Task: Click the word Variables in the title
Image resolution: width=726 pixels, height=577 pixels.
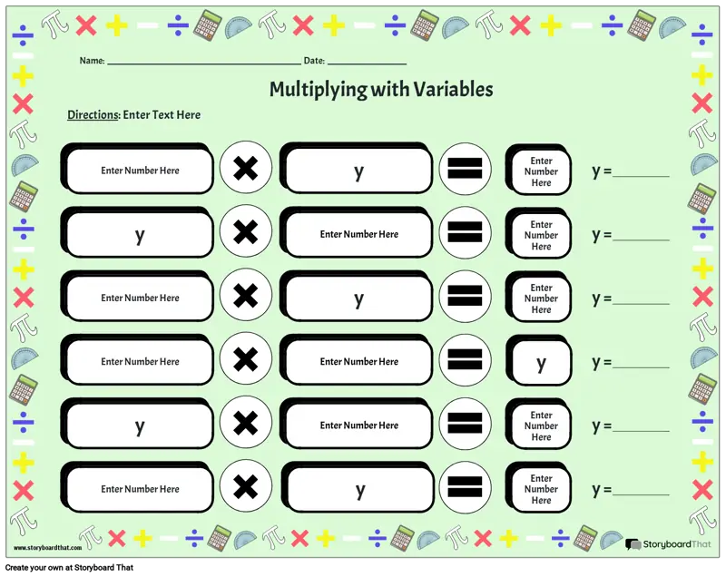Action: point(453,89)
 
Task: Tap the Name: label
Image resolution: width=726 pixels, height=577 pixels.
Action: point(92,61)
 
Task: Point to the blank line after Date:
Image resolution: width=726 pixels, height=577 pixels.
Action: point(367,63)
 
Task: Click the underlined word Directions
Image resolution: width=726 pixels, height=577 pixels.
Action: point(93,115)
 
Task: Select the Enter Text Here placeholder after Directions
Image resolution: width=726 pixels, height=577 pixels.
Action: point(162,115)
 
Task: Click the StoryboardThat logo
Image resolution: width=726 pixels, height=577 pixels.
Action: point(668,544)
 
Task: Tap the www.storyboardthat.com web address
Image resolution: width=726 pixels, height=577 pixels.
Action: point(48,548)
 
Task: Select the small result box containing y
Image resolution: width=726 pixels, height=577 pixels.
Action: point(541,364)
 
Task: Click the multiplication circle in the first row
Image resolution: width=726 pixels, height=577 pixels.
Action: point(244,170)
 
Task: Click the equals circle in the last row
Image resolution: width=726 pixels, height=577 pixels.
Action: point(465,489)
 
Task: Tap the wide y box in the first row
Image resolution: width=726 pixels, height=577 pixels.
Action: point(358,171)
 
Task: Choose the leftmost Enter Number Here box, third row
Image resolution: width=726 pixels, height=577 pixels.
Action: point(140,298)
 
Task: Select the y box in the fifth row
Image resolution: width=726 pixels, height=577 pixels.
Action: point(140,426)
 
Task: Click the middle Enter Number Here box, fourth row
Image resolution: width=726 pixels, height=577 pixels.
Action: point(358,362)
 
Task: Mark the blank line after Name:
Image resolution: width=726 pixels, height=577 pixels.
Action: point(203,63)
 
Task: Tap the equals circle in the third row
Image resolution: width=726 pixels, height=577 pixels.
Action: point(465,298)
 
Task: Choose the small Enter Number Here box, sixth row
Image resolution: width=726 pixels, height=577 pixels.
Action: point(541,489)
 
